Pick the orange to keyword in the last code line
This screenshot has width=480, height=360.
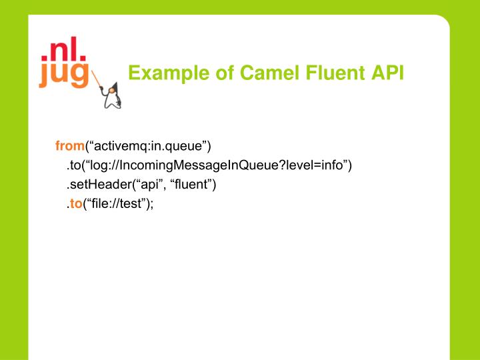[75, 204]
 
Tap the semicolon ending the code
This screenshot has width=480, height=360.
[152, 205]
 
